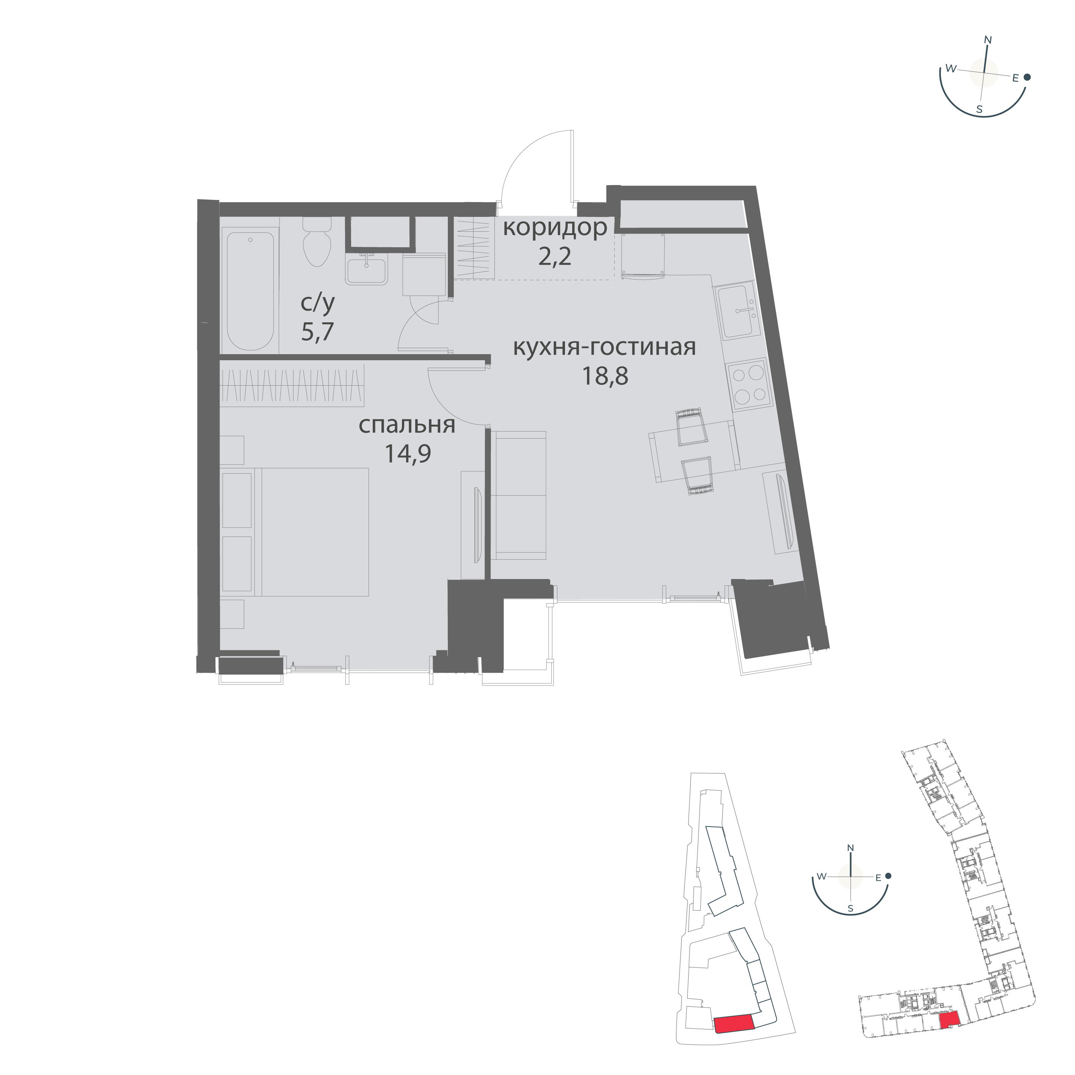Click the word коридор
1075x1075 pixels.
click(555, 229)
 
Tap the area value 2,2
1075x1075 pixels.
click(555, 257)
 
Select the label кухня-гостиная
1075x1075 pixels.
click(604, 347)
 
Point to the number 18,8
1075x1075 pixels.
click(605, 377)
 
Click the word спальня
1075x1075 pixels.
click(407, 426)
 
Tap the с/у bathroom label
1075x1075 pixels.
click(318, 303)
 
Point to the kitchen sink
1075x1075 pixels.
click(737, 310)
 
